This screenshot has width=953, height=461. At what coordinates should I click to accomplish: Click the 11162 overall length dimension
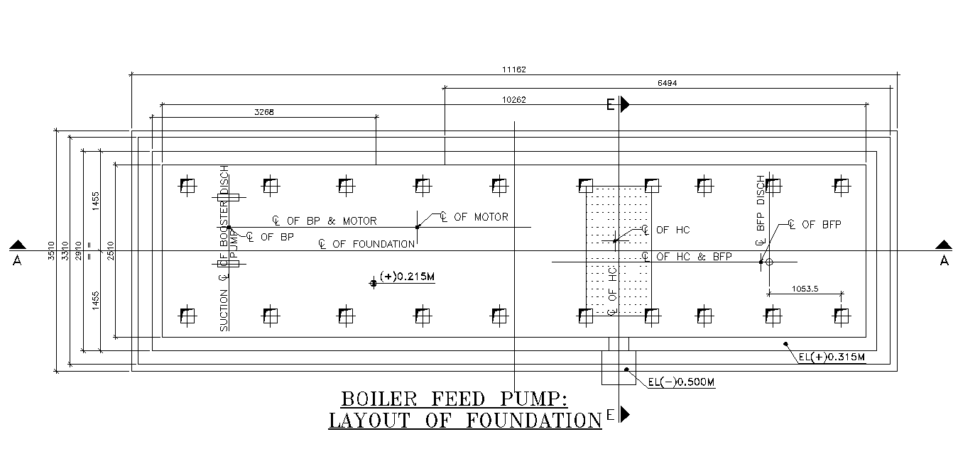pos(513,70)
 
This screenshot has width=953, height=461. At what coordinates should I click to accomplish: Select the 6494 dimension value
pos(667,83)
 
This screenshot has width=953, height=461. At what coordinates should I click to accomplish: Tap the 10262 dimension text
pos(513,100)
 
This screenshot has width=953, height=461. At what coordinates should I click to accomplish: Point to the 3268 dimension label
pos(264,112)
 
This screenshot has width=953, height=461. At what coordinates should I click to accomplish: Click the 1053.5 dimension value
pos(805,289)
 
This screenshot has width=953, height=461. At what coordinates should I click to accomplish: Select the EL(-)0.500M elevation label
pos(681,382)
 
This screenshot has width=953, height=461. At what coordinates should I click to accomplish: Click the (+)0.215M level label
pos(406,277)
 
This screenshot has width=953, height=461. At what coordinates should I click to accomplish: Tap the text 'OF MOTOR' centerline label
pos(481,217)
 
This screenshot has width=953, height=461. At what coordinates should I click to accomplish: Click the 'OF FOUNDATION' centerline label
pos(373,244)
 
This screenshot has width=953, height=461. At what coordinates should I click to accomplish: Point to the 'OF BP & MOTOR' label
pos(332,221)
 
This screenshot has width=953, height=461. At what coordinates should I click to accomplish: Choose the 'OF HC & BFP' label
pos(694,257)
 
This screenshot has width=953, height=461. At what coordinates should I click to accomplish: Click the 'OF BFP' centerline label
pos(821,225)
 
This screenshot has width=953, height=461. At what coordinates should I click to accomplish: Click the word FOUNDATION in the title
pos(533,421)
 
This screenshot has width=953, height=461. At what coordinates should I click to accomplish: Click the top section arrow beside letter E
pos(625,104)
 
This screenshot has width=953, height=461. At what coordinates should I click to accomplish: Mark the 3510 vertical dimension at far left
pos(51,252)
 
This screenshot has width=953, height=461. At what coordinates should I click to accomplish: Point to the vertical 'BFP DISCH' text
pos(761,201)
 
